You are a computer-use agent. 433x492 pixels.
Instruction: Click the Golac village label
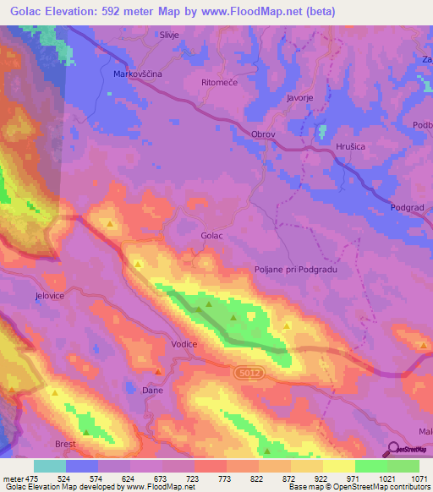[x=211, y=236]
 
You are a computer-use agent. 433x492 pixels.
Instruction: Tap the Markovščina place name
[x=137, y=74]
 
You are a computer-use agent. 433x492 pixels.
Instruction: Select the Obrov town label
[x=264, y=134]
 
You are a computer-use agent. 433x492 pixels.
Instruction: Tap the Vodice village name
[x=184, y=344]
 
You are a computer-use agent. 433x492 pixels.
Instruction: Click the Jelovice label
[x=50, y=297]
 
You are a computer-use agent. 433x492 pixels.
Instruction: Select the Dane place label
[x=152, y=391]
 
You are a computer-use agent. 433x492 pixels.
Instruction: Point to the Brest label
[x=65, y=444]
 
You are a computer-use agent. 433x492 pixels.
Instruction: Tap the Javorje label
[x=300, y=98]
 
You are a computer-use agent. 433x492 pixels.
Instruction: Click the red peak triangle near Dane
[x=158, y=371]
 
